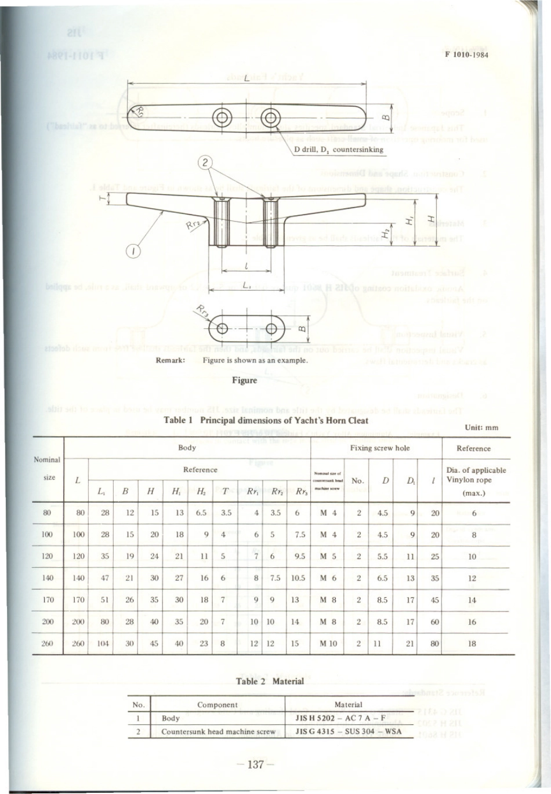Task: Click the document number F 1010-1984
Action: point(467,56)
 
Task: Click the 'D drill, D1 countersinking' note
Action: point(339,150)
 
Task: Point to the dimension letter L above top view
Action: point(246,78)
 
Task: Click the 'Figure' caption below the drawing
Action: point(244,380)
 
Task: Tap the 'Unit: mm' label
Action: point(481,428)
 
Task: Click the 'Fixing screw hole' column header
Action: point(376,448)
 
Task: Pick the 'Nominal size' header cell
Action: point(47,469)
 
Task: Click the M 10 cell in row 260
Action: point(328,643)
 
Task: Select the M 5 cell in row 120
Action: point(328,556)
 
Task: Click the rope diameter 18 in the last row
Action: point(472,643)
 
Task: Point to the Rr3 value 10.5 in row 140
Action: point(298,578)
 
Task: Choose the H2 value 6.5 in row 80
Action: point(201,513)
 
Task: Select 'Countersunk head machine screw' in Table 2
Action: point(218,731)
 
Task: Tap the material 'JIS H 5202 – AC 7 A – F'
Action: point(340,718)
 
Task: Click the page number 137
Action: point(256,764)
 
